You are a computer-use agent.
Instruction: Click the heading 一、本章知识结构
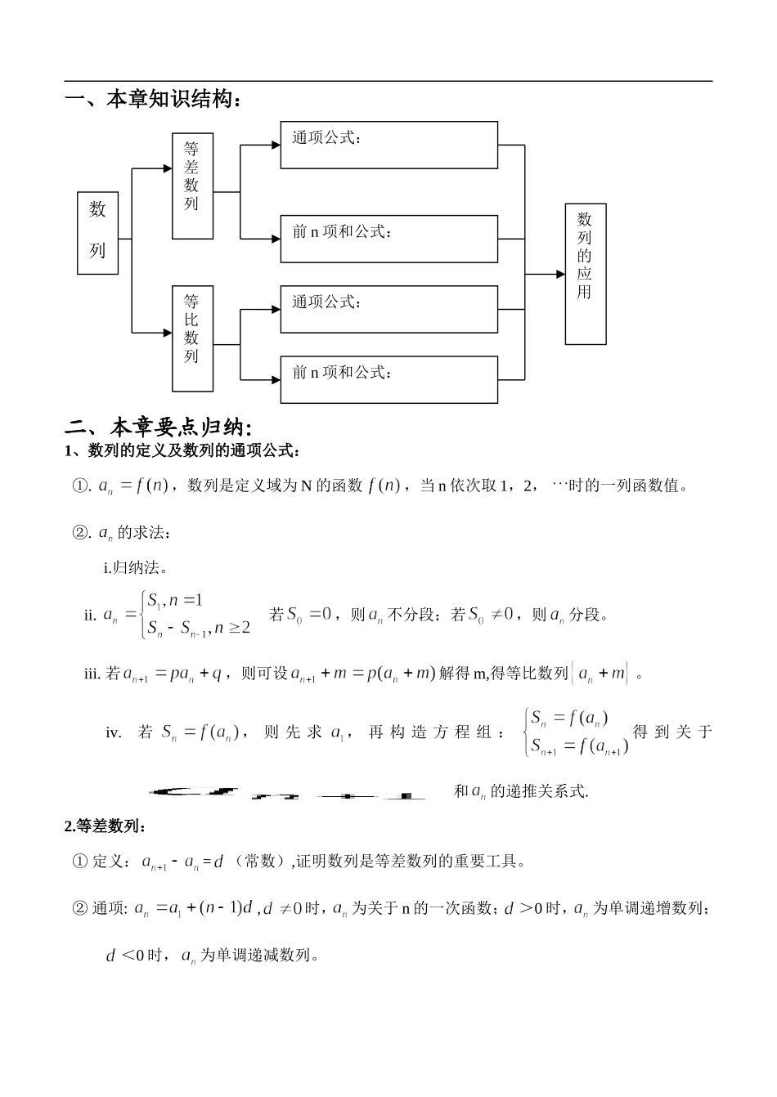point(153,101)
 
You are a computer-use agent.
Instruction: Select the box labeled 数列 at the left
point(98,233)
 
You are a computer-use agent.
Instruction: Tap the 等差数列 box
point(192,186)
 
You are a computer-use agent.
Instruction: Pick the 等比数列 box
point(192,338)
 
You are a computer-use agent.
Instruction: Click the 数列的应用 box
point(585,274)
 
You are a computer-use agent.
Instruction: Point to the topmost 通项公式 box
point(388,145)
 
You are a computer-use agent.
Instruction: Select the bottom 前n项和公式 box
point(388,379)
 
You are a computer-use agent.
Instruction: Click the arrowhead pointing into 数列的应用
point(559,275)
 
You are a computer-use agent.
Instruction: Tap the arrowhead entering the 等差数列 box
point(167,169)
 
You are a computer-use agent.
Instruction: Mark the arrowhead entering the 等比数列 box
point(167,333)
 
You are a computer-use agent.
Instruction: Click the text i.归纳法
point(136,569)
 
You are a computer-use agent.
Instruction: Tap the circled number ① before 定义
point(80,861)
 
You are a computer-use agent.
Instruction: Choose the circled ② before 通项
point(80,908)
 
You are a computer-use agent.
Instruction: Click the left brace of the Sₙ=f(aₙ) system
point(526,732)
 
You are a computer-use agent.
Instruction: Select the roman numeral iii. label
point(92,674)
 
